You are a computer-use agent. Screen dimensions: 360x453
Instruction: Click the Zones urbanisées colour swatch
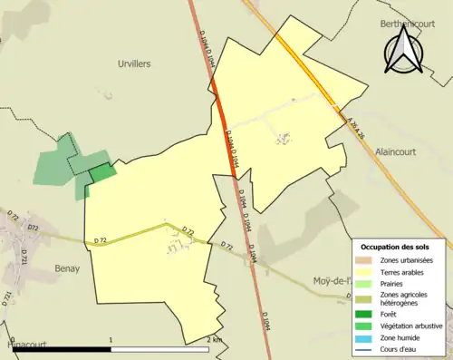pyautogui.click(x=366, y=261)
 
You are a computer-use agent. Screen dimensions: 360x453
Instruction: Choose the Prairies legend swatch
pyautogui.click(x=366, y=284)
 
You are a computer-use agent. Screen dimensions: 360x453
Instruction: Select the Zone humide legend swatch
pyautogui.click(x=366, y=336)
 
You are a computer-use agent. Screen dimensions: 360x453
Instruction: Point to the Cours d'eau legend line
pyautogui.click(x=366, y=348)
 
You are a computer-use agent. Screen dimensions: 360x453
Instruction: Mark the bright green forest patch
pyautogui.click(x=102, y=173)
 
